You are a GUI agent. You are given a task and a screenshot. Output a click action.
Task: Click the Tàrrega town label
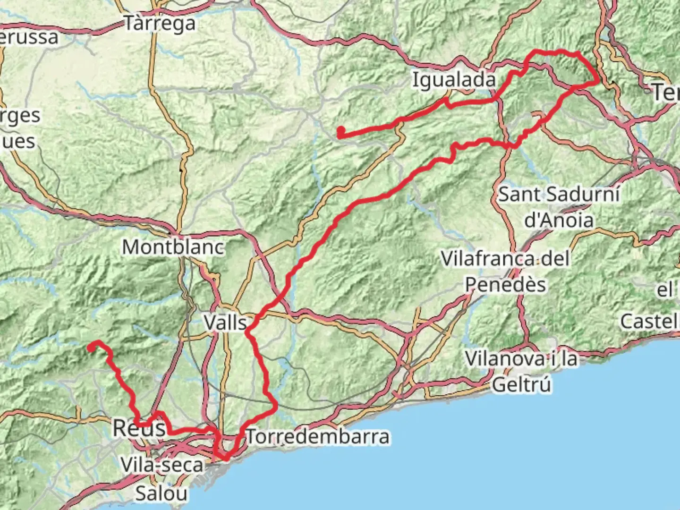(160, 23)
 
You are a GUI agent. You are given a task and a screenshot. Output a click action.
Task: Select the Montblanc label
(173, 247)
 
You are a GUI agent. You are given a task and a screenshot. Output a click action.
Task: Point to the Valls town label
(225, 323)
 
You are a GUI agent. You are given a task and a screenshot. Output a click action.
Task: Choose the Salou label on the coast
(161, 493)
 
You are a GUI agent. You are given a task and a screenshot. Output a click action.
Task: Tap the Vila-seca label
(161, 465)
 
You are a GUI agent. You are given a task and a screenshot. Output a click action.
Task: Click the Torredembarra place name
(318, 437)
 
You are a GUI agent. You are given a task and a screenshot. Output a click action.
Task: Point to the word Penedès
(505, 285)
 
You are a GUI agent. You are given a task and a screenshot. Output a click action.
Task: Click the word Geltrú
(521, 385)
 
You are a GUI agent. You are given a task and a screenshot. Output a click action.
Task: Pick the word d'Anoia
(559, 220)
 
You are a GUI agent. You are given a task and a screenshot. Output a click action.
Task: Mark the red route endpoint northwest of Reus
(90, 348)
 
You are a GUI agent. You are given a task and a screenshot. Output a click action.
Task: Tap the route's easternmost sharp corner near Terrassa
(598, 82)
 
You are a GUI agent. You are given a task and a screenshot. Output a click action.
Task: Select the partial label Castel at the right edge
(650, 322)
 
